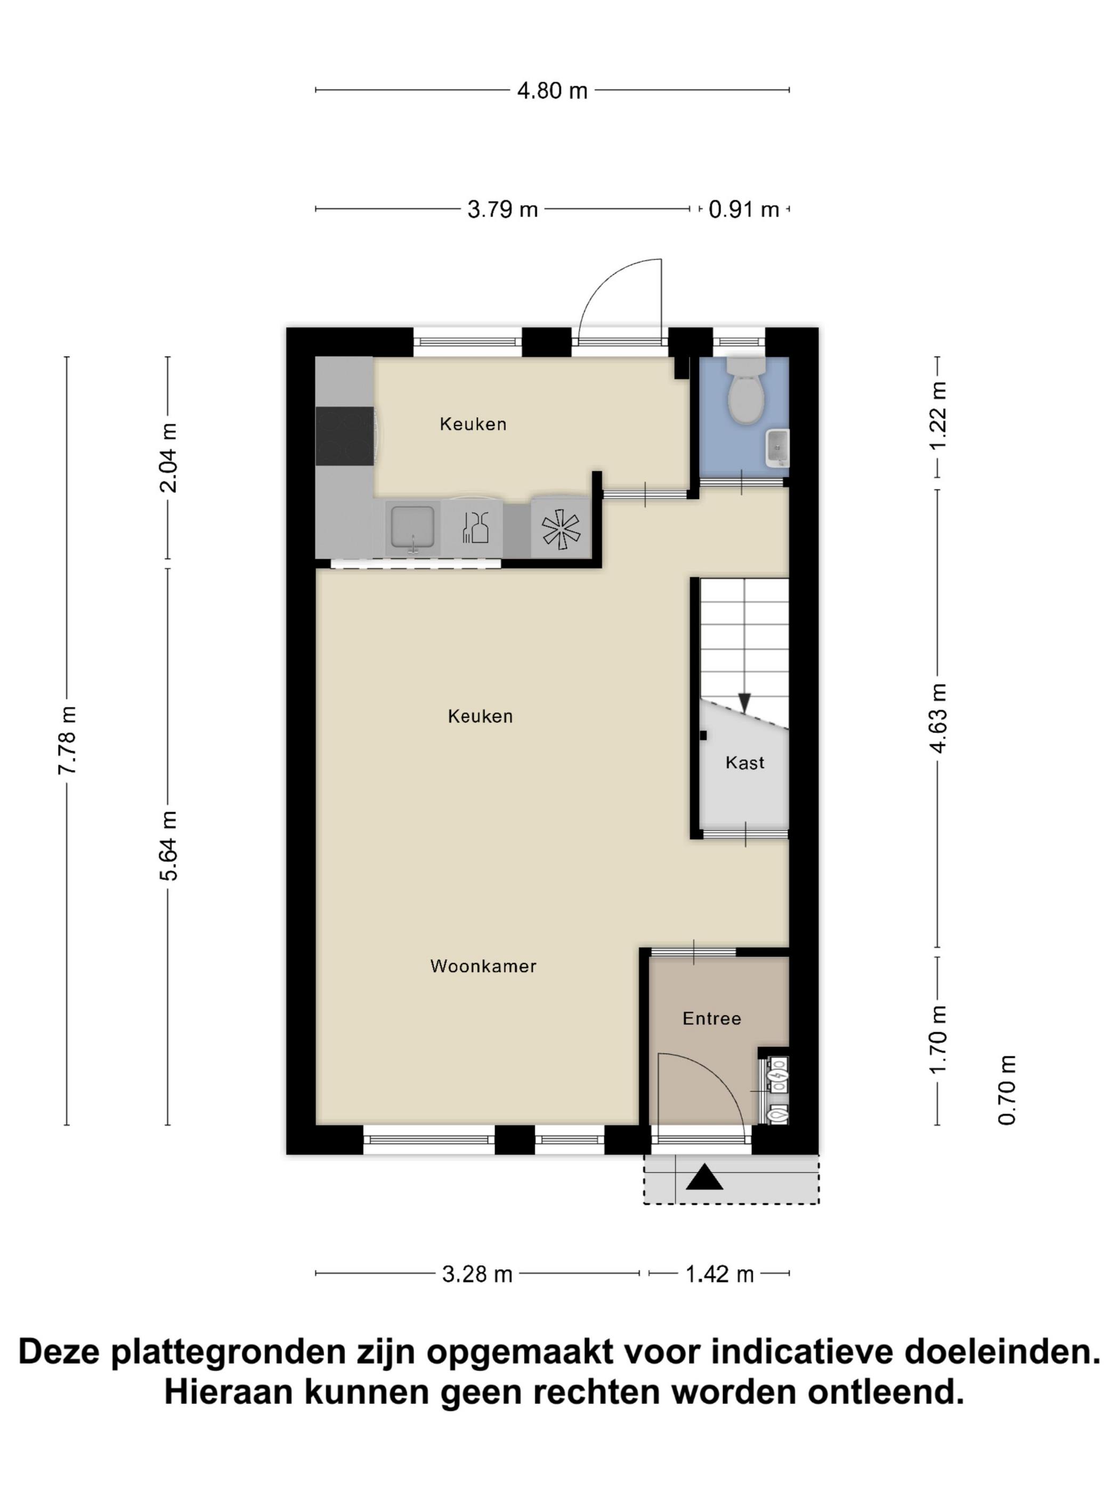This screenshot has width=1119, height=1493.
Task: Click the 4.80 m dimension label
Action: click(552, 91)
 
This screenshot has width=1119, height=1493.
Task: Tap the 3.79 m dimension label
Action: click(502, 210)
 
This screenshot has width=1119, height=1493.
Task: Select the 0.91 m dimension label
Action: click(743, 210)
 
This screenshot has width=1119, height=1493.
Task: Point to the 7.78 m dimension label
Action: click(68, 740)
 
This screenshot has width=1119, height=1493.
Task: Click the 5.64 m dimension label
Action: click(168, 846)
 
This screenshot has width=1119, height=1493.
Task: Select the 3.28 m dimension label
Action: click(477, 1275)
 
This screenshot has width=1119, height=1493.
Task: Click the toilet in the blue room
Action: click(745, 390)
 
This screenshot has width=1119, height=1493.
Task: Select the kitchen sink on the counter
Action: click(412, 530)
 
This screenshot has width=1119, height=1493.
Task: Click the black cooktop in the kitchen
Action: click(345, 436)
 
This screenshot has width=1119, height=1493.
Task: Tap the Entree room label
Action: click(711, 1018)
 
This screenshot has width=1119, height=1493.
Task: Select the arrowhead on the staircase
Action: click(744, 703)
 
